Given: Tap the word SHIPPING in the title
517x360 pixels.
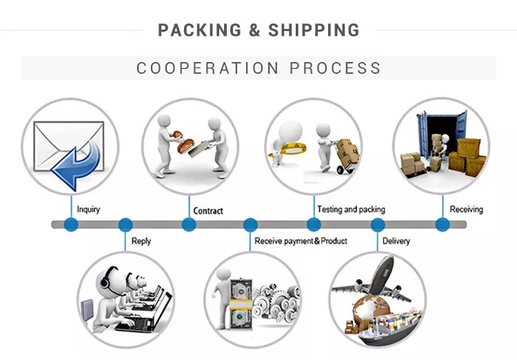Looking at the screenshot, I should tap(314, 30).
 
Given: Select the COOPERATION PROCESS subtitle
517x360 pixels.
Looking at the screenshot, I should tap(258, 68).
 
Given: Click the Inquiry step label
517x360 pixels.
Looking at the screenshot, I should tap(88, 210).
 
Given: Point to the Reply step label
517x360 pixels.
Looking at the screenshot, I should tap(141, 241).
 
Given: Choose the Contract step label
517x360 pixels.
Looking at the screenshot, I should tap(208, 211).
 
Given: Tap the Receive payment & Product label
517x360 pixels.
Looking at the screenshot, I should tap(301, 241).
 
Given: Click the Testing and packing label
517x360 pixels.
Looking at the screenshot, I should tap(351, 209).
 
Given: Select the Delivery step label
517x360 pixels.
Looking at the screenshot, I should tap(396, 241).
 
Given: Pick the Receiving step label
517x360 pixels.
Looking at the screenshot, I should tap(467, 209).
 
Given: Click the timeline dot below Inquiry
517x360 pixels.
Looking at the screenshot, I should tap(71, 224).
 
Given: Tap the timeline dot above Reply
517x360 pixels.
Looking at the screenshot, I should tap(125, 224).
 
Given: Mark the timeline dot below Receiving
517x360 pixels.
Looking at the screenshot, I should tap(442, 224).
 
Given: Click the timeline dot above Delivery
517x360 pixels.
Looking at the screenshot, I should tap(377, 224).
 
